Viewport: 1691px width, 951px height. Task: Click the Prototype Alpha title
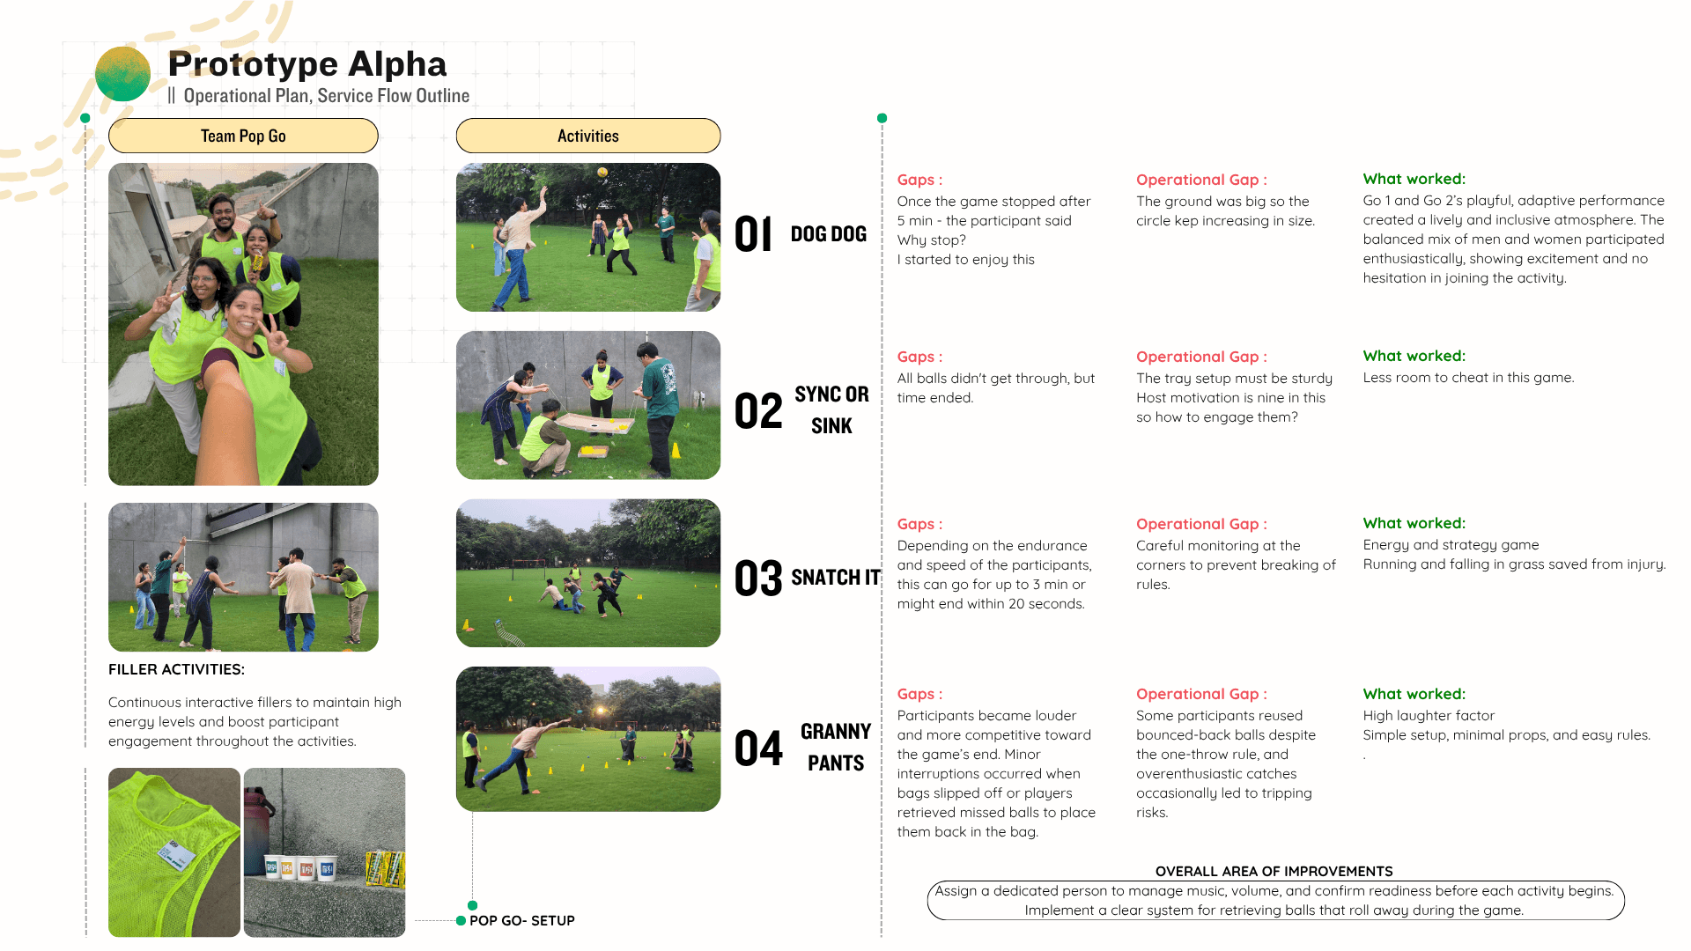point(307,64)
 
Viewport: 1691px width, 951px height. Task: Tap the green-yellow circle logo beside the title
point(122,74)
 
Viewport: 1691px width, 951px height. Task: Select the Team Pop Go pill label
point(243,136)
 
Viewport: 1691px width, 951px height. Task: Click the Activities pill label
point(588,136)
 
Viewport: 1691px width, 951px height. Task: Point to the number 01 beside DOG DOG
point(754,234)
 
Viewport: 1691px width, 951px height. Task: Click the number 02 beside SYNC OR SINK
point(758,411)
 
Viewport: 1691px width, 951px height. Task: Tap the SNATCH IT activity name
point(836,578)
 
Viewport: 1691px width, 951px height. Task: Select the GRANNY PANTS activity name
point(836,747)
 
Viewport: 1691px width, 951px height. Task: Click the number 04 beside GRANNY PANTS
point(758,748)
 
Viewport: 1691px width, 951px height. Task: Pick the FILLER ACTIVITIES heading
point(176,669)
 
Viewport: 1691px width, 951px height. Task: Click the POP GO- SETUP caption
point(522,920)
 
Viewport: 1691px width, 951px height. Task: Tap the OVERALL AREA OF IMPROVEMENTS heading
point(1274,871)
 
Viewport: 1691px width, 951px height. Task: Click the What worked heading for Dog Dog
point(1414,179)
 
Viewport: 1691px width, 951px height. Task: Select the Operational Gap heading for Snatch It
point(1201,524)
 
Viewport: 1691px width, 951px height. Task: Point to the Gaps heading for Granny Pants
point(919,694)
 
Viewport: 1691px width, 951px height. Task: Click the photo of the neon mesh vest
point(174,852)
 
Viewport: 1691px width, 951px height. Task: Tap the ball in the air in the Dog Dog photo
point(602,172)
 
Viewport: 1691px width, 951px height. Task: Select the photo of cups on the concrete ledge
point(324,852)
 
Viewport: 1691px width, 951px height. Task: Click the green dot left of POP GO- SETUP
point(461,921)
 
